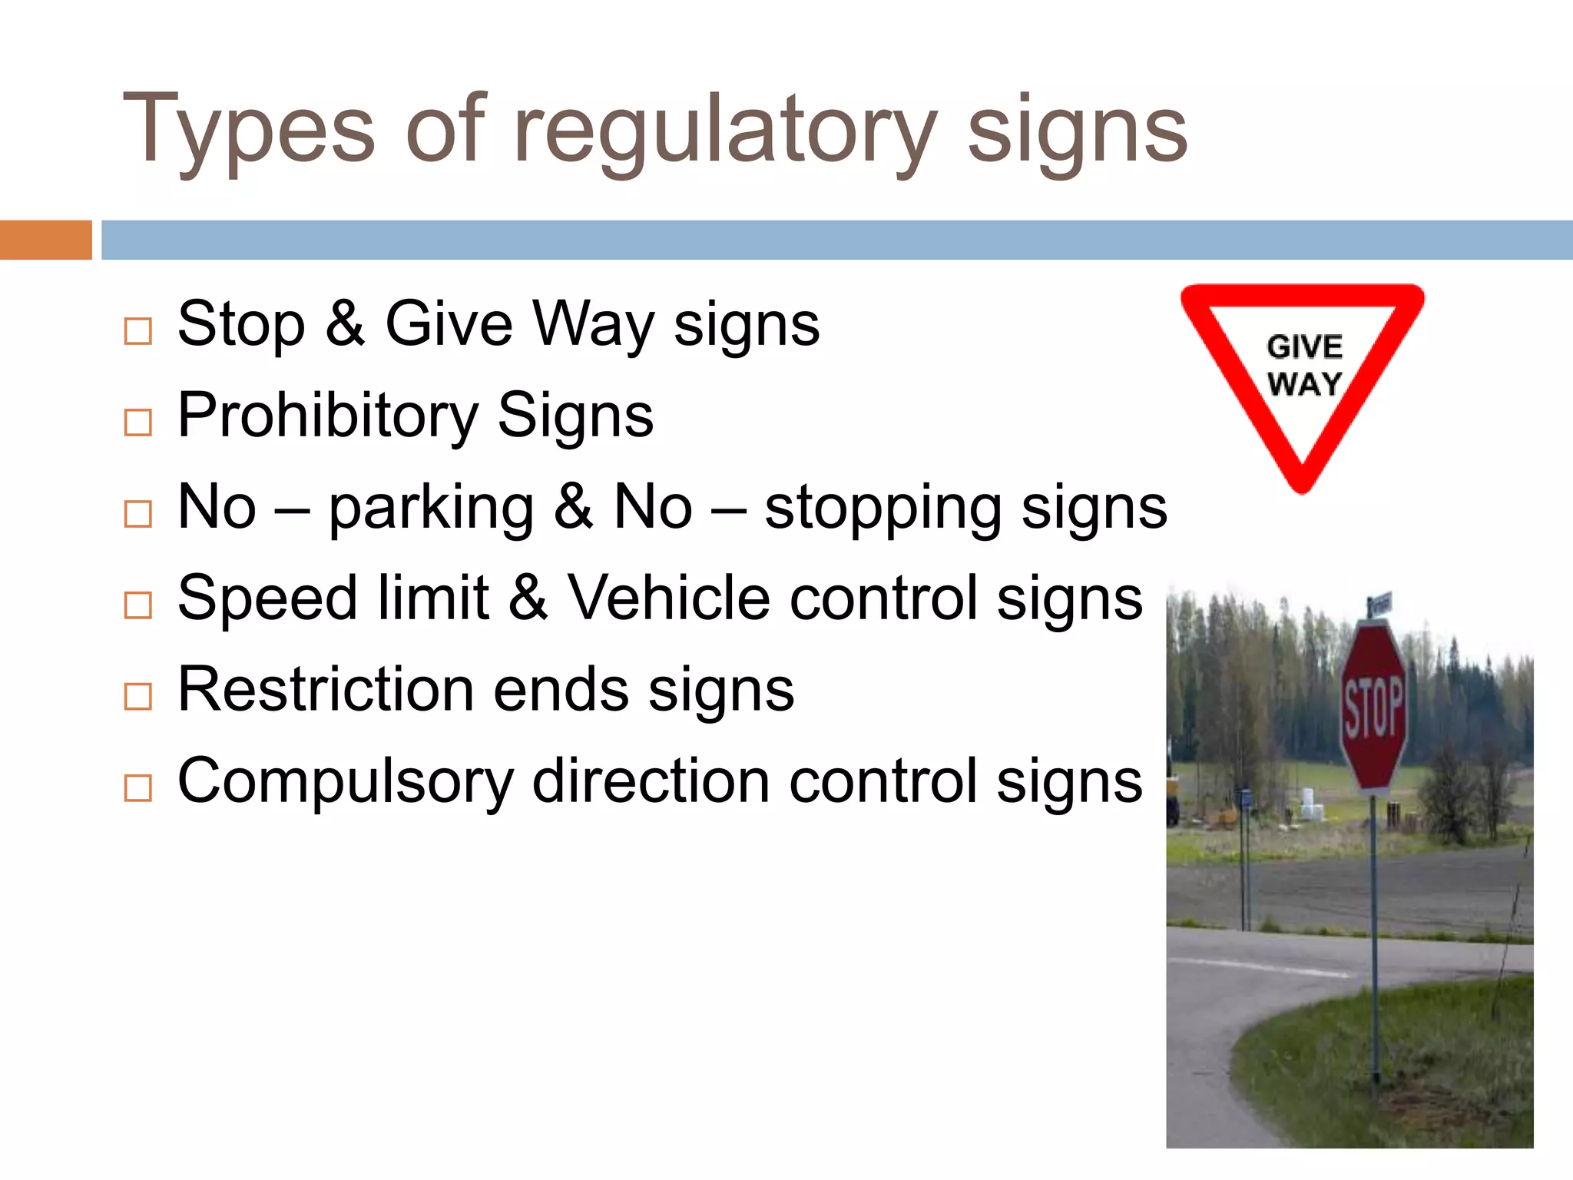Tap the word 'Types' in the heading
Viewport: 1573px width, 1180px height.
tap(248, 131)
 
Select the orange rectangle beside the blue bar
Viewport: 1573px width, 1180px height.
tap(45, 240)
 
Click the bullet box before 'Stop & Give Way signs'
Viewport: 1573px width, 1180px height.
tap(138, 331)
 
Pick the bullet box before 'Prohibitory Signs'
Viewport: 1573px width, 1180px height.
tap(138, 422)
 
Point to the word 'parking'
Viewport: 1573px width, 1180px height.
tap(431, 509)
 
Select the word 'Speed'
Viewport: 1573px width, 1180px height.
tap(267, 598)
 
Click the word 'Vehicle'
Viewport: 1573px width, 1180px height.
tap(669, 598)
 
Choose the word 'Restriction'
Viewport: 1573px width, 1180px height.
tap(326, 689)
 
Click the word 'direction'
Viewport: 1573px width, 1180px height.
tap(651, 781)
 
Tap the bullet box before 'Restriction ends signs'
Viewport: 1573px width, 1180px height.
tap(138, 696)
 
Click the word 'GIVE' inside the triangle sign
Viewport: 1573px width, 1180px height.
tap(1304, 347)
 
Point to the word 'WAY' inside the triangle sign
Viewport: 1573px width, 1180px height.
tap(1304, 383)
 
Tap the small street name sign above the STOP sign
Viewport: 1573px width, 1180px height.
tap(1380, 605)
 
